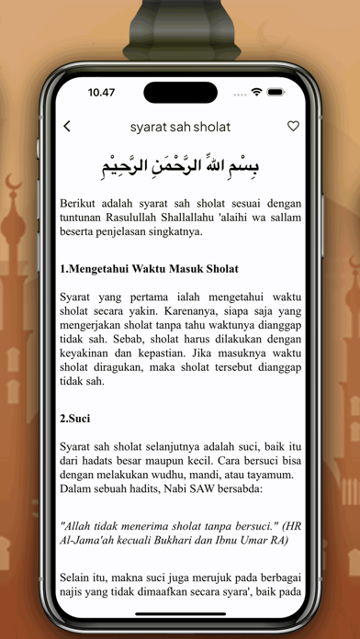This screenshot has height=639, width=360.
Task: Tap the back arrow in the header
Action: (67, 127)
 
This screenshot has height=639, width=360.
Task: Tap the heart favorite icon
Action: (293, 127)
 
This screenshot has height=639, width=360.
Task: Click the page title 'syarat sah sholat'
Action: (180, 127)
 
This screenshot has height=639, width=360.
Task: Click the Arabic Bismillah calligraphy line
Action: (180, 166)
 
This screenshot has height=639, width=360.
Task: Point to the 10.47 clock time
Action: (101, 93)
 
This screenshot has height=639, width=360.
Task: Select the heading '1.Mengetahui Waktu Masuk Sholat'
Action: (149, 269)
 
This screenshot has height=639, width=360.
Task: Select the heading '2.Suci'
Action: (75, 419)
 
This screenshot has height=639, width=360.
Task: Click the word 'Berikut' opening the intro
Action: (81, 201)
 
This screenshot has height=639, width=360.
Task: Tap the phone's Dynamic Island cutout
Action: (180, 93)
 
